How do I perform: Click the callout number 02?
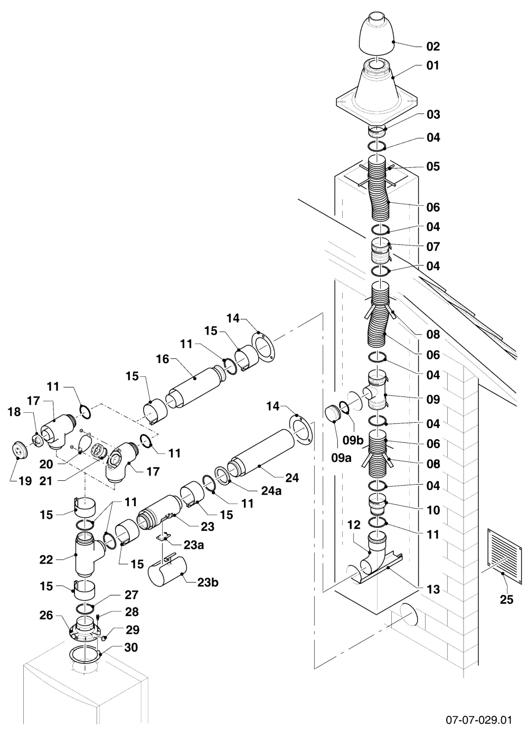coord(433,46)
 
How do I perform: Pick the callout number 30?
coord(131,647)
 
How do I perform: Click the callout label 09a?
coord(341,458)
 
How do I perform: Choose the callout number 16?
coord(163,359)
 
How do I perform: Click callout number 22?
coord(46,560)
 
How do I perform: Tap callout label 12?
coord(354,525)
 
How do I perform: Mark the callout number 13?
coord(433,589)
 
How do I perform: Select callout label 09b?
coord(353,440)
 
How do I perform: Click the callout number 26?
coord(46,615)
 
